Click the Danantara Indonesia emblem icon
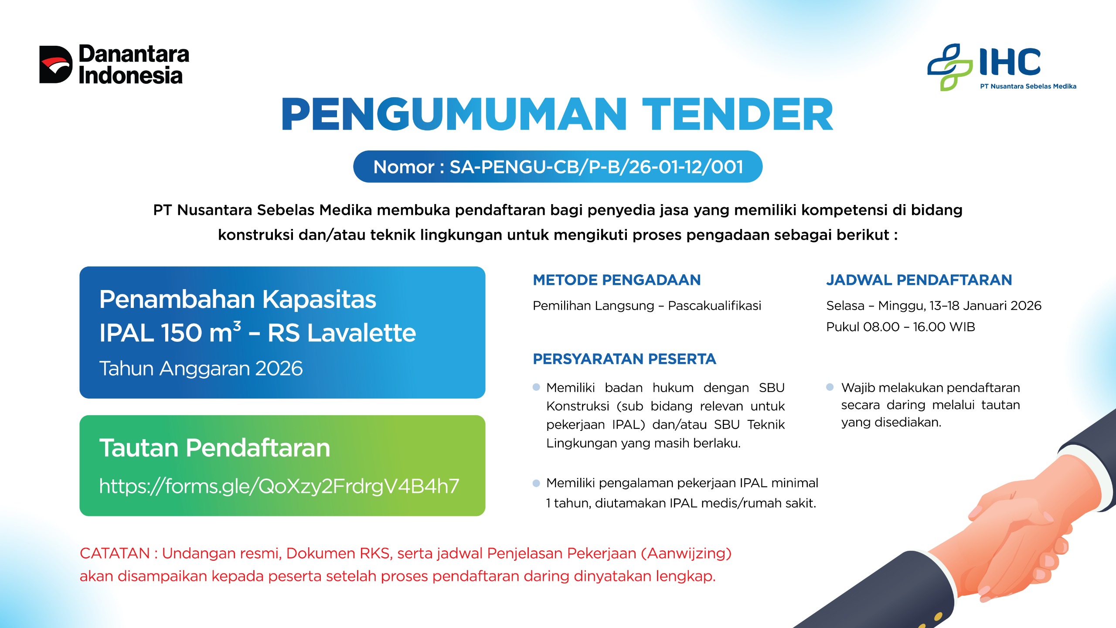[56, 65]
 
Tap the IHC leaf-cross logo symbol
[950, 67]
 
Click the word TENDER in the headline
[738, 114]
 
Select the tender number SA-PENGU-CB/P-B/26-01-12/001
[596, 167]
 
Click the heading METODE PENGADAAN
[617, 280]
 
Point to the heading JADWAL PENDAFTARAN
[919, 280]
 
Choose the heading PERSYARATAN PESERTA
[624, 359]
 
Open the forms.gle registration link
[279, 486]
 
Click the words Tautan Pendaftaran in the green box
[214, 448]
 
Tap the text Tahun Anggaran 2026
[201, 369]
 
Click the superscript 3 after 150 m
[237, 326]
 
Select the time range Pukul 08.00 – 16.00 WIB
[901, 327]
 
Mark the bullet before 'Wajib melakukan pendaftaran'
[830, 387]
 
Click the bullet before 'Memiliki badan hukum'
[537, 387]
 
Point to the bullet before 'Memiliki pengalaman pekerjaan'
[537, 483]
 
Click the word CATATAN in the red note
[115, 553]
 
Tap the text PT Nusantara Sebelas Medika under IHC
[1028, 86]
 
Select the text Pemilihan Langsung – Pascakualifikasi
[647, 306]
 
